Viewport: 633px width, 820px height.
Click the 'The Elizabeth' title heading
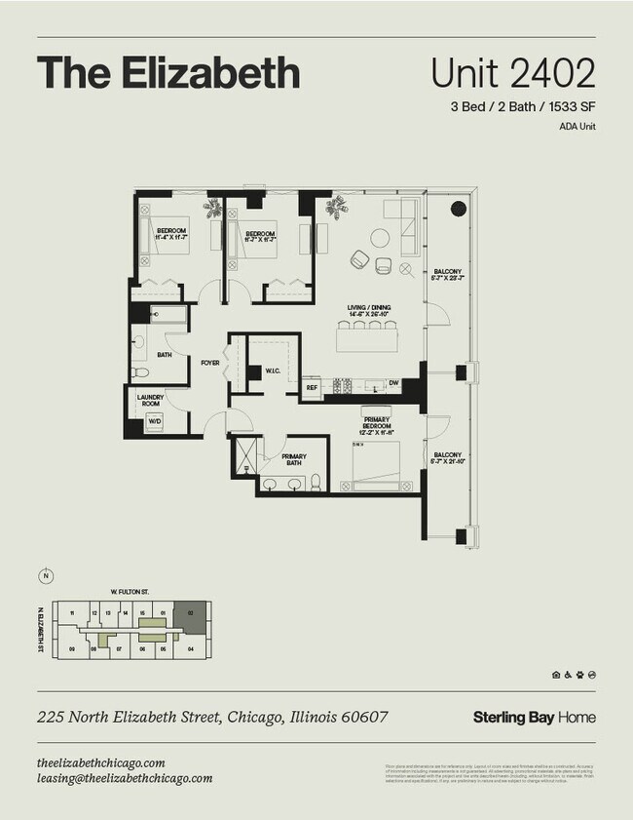pos(168,73)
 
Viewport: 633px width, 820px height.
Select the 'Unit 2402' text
pos(512,73)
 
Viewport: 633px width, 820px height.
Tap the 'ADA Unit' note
pos(577,127)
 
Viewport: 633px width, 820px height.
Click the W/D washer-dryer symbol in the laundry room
pos(155,422)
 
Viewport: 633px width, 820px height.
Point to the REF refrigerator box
pos(313,387)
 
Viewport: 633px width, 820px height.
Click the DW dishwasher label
pos(393,384)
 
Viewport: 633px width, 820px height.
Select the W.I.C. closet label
pos(273,371)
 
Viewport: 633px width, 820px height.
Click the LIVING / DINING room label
pos(369,310)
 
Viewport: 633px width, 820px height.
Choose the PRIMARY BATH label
pos(294,459)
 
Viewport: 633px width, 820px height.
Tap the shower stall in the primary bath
pos(244,455)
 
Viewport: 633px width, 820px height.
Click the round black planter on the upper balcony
pos(455,208)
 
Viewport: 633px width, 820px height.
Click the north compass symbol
pos(45,576)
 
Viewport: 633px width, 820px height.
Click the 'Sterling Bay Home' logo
pos(534,718)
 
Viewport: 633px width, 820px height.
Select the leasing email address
pos(125,778)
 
